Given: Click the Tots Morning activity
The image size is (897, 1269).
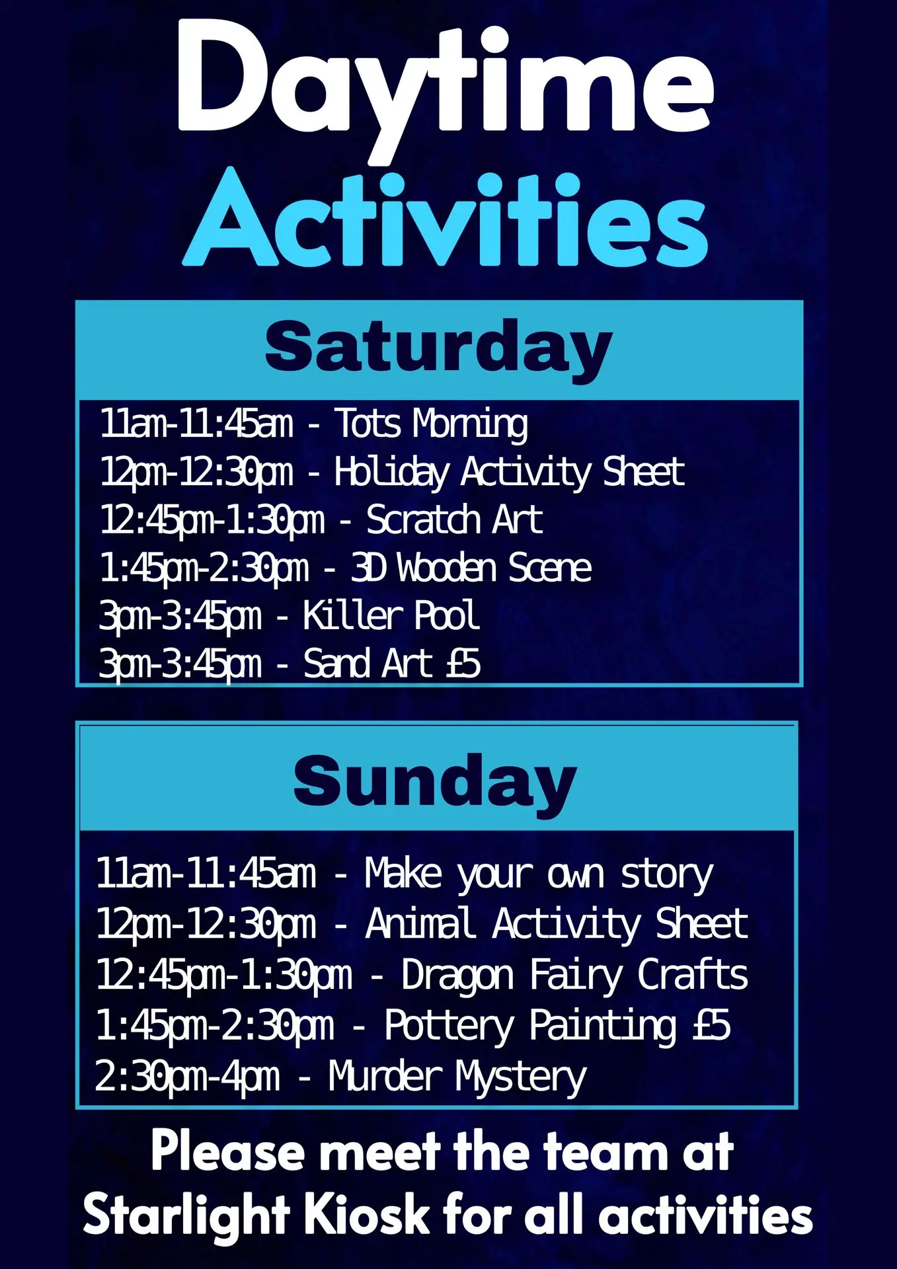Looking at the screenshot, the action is (x=432, y=424).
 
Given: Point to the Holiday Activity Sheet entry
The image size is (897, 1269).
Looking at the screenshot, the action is (x=509, y=472).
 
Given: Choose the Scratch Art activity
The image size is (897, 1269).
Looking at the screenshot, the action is (x=455, y=520).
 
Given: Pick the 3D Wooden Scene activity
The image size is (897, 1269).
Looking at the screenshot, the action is (x=471, y=568).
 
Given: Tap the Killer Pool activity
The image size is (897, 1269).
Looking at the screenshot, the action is (x=391, y=616).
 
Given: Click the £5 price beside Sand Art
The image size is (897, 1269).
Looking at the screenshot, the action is (x=463, y=664).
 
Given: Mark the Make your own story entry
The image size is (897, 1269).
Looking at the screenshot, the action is (x=539, y=874).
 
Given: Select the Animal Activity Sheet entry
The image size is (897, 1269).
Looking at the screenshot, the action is (x=557, y=923).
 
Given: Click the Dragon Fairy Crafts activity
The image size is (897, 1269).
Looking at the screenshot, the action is (x=574, y=975).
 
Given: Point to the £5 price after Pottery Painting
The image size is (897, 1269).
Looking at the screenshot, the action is (x=712, y=1025).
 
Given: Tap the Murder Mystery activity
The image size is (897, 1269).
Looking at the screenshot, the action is (x=457, y=1077).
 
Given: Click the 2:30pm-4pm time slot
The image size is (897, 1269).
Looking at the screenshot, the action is (x=187, y=1077).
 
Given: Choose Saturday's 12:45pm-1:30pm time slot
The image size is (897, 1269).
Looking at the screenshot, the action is (x=212, y=521).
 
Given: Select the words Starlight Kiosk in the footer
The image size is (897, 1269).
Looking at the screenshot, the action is (x=256, y=1215).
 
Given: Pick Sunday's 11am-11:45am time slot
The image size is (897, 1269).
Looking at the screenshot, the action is (x=206, y=873).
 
